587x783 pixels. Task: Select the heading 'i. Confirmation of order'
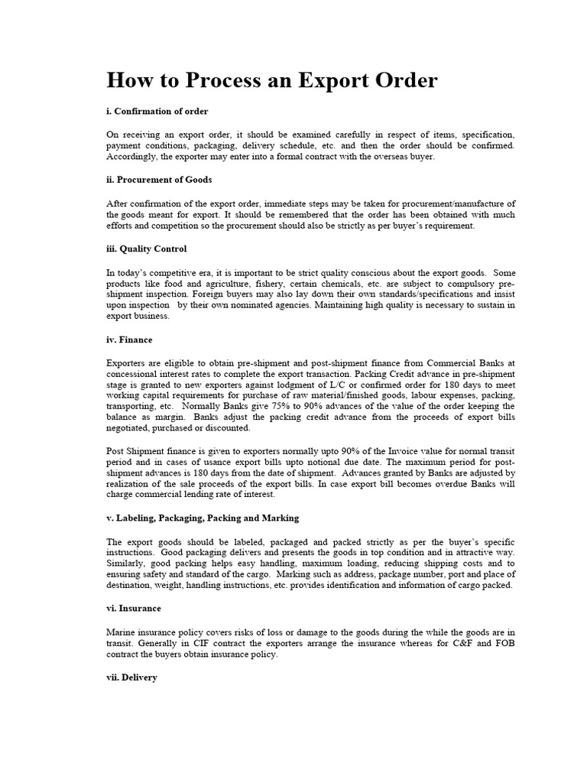point(157,111)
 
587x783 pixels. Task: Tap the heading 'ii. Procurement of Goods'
point(159,180)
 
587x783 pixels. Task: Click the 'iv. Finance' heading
point(129,340)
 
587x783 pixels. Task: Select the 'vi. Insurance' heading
point(134,609)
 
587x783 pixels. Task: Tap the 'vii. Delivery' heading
point(132,677)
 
